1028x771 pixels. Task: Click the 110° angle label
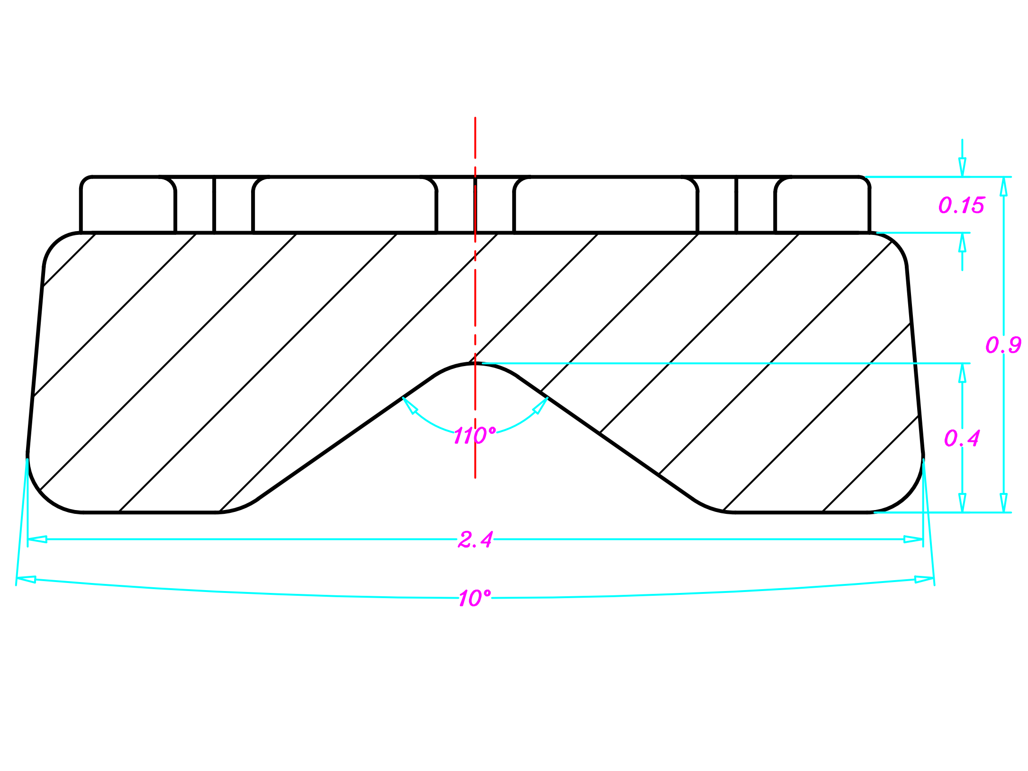(475, 435)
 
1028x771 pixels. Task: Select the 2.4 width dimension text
(475, 539)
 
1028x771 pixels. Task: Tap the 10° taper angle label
(475, 598)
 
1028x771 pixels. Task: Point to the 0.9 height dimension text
(1003, 345)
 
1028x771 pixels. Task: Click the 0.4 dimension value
(962, 438)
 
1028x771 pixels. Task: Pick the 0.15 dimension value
(961, 205)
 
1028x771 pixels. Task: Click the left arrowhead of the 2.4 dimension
(37, 539)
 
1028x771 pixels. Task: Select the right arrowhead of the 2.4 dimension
(913, 539)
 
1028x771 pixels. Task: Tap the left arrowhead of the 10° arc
(27, 579)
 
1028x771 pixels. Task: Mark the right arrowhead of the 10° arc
(924, 579)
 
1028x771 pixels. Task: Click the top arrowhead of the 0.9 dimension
(1003, 186)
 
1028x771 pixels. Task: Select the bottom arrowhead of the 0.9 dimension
(1003, 503)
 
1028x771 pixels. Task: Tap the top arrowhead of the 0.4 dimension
(962, 373)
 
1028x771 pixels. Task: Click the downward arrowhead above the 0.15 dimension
(962, 167)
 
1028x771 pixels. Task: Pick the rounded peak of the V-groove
(475, 364)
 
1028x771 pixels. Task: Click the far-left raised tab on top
(128, 205)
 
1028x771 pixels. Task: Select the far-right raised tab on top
(822, 205)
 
